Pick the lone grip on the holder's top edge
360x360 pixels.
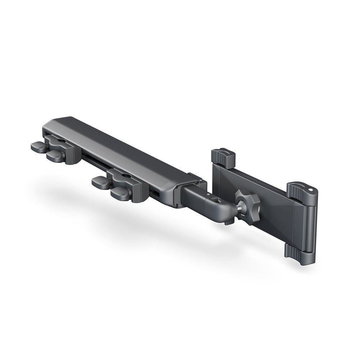coord(223,157)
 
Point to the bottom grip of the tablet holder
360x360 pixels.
coord(297,253)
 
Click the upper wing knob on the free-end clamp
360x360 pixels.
coord(39,147)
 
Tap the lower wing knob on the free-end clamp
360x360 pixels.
coord(55,156)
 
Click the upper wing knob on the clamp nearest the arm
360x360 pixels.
coord(100,182)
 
